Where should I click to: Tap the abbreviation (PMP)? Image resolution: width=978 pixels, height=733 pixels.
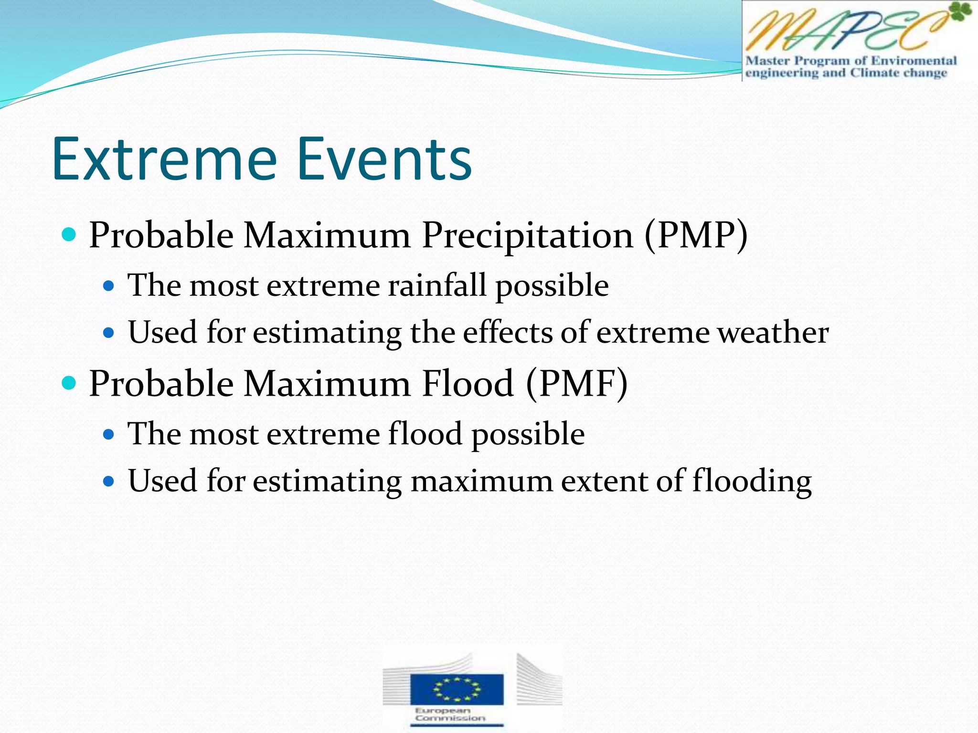tap(695, 235)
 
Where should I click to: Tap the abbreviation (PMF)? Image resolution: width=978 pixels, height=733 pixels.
tap(576, 384)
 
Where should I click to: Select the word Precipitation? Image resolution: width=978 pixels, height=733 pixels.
tap(527, 235)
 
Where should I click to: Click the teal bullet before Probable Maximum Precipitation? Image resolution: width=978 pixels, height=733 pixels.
tap(69, 234)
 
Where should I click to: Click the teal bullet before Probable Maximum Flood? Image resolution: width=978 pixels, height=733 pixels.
tap(69, 383)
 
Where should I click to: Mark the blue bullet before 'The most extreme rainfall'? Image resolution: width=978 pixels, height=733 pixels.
tap(109, 286)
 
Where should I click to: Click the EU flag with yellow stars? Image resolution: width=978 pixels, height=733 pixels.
tap(457, 689)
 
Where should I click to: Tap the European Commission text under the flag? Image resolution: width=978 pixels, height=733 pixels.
tap(450, 714)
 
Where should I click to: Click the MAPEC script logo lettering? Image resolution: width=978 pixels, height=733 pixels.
tap(840, 31)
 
